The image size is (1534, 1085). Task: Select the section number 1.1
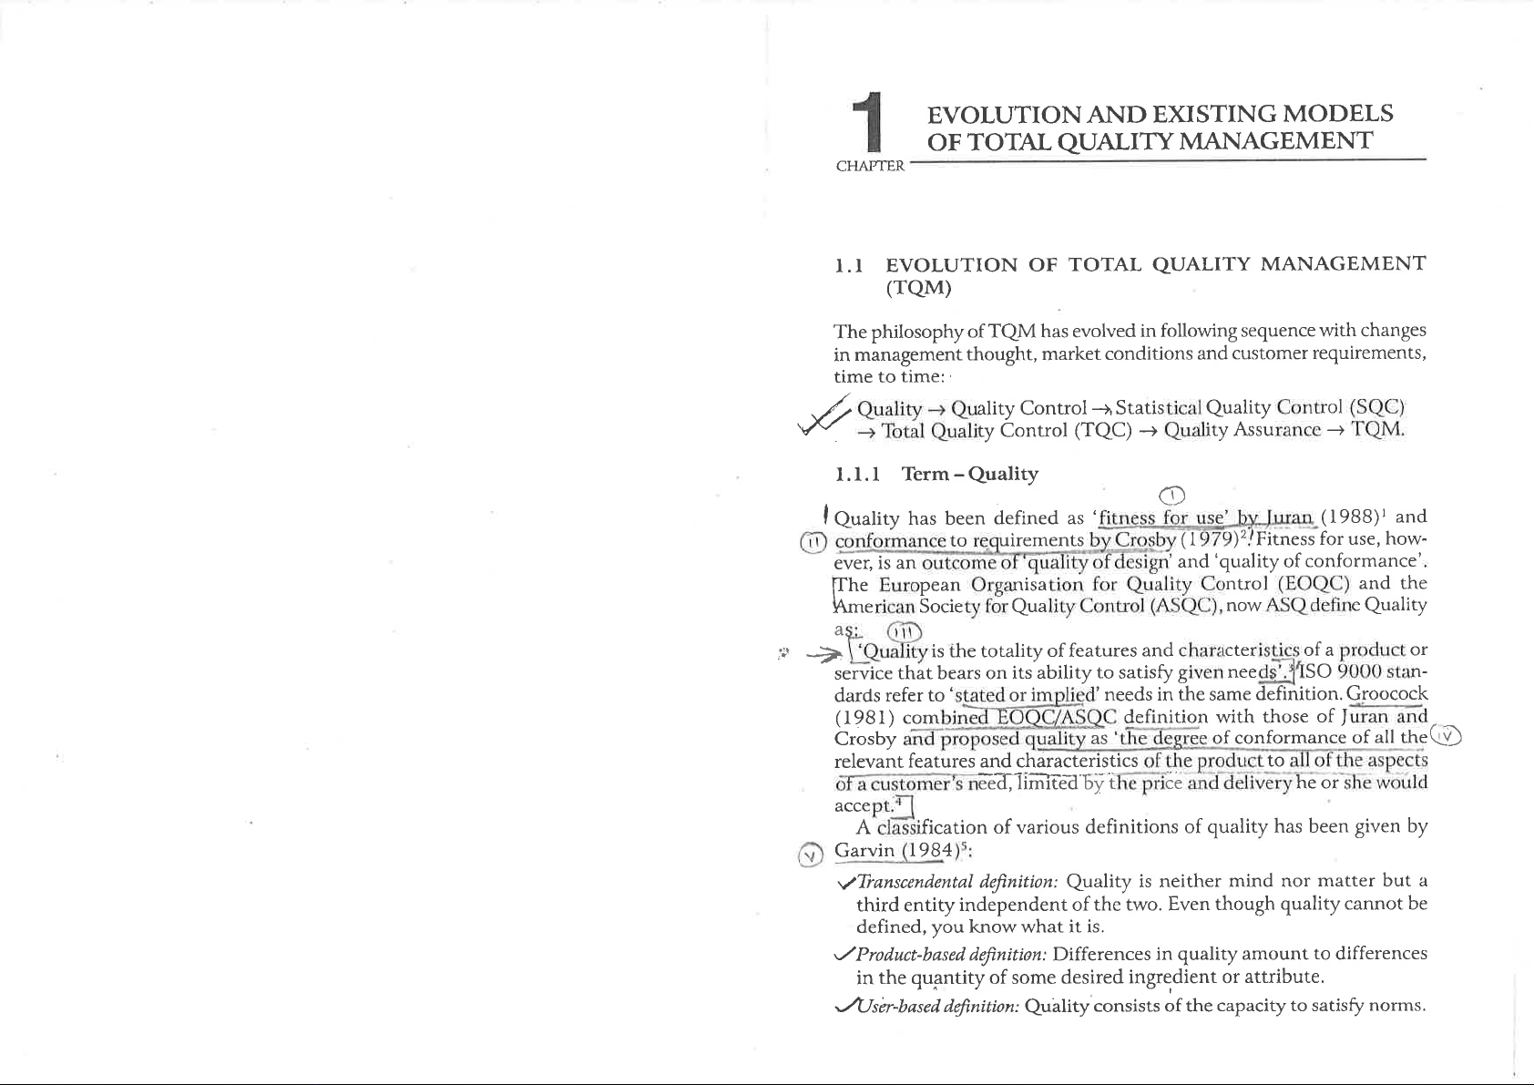[212, 266]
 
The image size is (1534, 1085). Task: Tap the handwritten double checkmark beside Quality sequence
[185, 420]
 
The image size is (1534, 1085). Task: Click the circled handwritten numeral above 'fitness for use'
[1173, 496]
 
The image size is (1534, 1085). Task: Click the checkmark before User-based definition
[207, 1006]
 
